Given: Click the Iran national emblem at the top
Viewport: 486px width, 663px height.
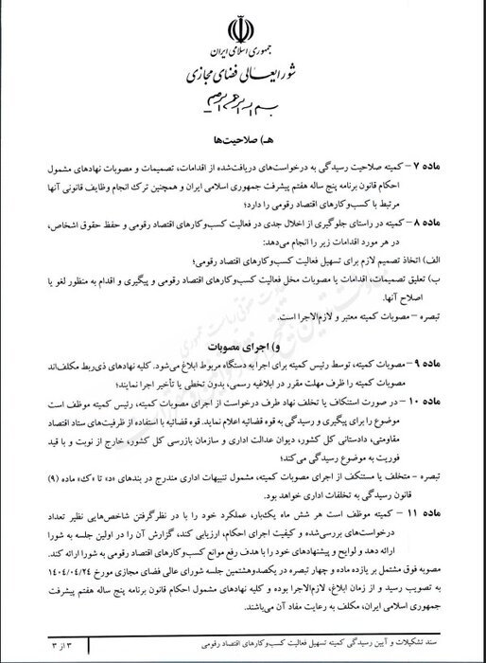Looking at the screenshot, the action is pos(243,27).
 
